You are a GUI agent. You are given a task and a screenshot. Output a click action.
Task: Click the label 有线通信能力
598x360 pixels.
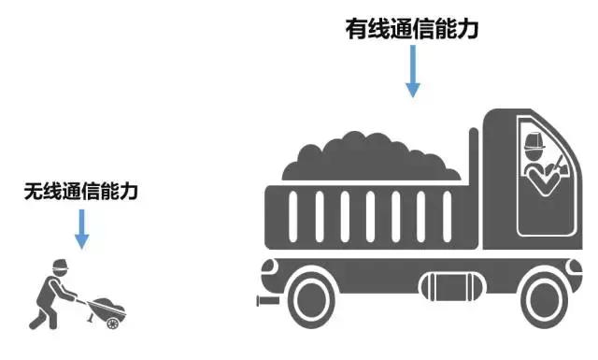click(412, 29)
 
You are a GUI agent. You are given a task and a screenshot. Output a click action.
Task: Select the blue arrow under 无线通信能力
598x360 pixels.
click(81, 229)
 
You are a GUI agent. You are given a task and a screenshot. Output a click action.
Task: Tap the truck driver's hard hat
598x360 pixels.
click(535, 142)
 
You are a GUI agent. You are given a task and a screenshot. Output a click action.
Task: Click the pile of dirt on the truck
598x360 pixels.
click(373, 157)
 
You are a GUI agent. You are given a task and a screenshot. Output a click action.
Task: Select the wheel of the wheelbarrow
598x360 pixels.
click(113, 323)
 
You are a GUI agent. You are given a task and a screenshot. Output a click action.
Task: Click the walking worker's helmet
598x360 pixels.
click(58, 263)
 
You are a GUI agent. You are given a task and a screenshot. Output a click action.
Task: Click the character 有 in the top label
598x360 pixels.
click(356, 29)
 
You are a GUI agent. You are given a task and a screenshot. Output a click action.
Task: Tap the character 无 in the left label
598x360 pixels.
click(33, 192)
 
